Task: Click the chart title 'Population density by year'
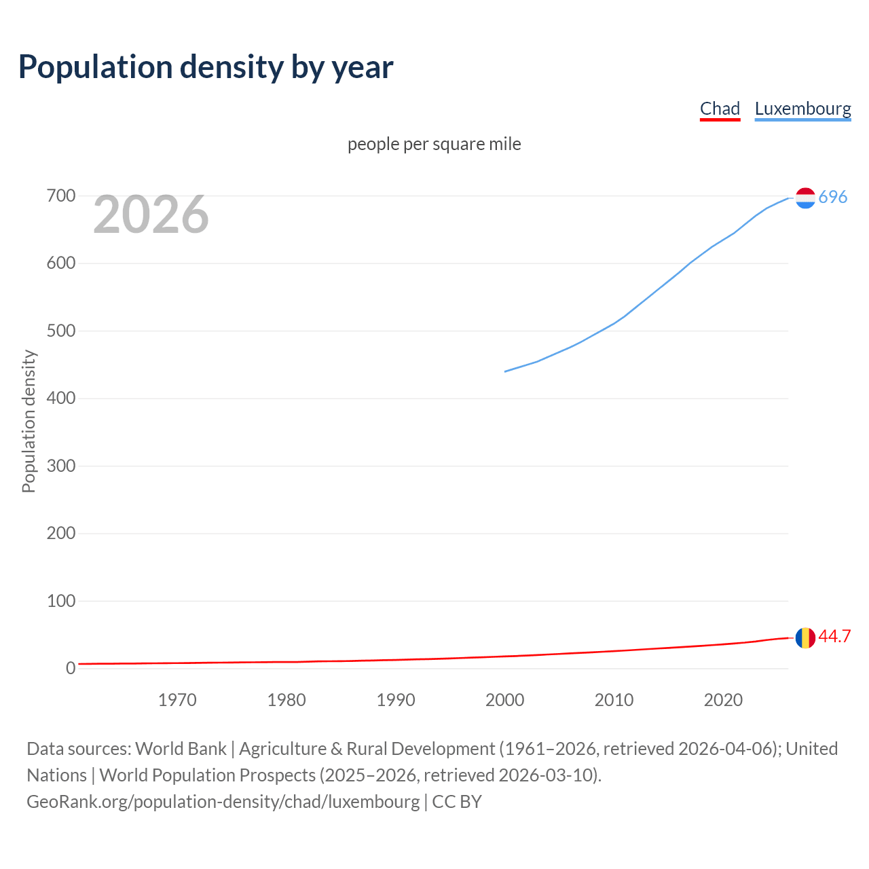(206, 67)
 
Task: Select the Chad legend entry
(720, 109)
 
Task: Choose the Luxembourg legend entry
(802, 109)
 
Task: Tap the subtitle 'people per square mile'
(434, 145)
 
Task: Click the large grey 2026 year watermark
(151, 215)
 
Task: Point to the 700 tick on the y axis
(60, 196)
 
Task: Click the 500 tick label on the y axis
(60, 331)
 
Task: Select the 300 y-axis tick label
(60, 466)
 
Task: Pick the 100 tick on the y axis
(60, 602)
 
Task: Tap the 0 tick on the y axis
(71, 669)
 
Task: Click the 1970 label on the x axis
(177, 700)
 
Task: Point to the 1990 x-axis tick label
(396, 700)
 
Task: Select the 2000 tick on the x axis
(504, 700)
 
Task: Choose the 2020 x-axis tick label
(723, 700)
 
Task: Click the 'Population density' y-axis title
(29, 421)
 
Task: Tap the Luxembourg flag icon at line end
(805, 198)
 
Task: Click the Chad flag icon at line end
(805, 637)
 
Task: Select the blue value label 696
(833, 198)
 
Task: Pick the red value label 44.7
(834, 637)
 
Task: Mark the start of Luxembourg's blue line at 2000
(505, 371)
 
